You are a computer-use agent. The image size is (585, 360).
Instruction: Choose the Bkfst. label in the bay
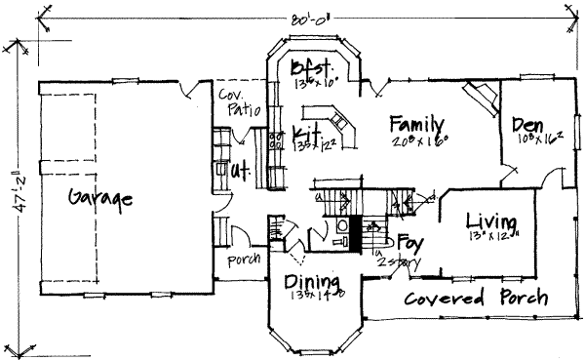(x=314, y=68)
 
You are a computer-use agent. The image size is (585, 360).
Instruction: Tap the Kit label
(x=307, y=132)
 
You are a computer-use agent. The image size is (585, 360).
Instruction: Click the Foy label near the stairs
(x=409, y=240)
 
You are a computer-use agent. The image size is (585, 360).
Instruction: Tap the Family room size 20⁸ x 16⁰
(x=416, y=141)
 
